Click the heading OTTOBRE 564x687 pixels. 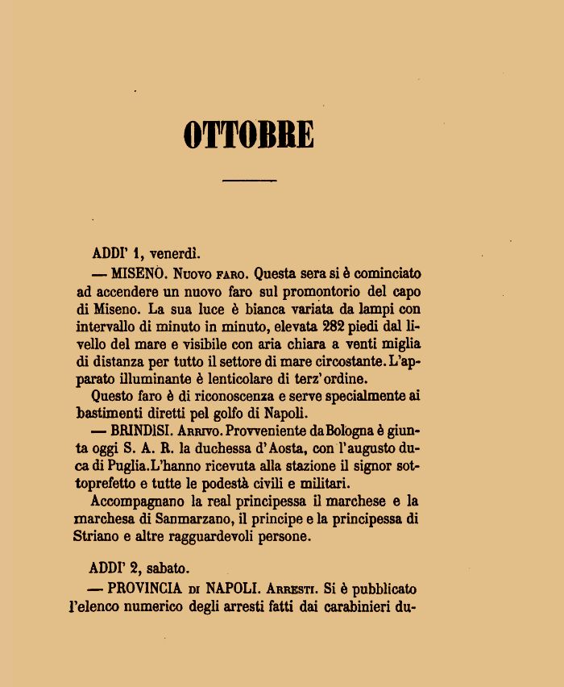(248, 135)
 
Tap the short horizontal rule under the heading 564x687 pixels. (248, 181)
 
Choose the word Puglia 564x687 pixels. (121, 467)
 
